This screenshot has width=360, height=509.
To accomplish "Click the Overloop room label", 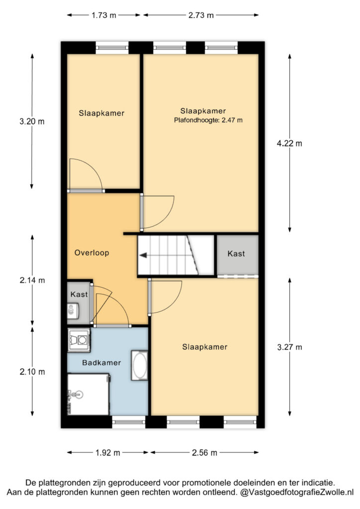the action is pyautogui.click(x=91, y=253).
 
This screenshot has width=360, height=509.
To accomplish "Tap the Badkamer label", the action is pyautogui.click(x=101, y=362).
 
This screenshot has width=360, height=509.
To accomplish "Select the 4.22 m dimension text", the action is pyautogui.click(x=289, y=143).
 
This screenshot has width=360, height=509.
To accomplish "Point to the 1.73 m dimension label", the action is pyautogui.click(x=103, y=15).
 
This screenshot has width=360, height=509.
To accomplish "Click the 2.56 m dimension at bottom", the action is pyautogui.click(x=204, y=452).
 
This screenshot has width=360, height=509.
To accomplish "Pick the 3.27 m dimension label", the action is pyautogui.click(x=289, y=347).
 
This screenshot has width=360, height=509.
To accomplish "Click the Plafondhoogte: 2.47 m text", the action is pyautogui.click(x=208, y=120).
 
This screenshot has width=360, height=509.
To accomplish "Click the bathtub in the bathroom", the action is pyautogui.click(x=140, y=365).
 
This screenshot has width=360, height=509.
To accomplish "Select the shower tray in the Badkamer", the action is pyautogui.click(x=88, y=394).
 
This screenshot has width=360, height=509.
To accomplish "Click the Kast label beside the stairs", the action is pyautogui.click(x=236, y=254).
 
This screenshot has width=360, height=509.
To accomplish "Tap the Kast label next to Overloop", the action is pyautogui.click(x=79, y=294).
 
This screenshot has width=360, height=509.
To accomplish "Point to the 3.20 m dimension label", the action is pyautogui.click(x=32, y=122).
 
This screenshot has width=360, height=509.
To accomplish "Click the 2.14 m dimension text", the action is pyautogui.click(x=32, y=280).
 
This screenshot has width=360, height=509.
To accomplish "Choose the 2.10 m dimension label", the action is pyautogui.click(x=32, y=372).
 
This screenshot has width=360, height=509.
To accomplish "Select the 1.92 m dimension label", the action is pyautogui.click(x=108, y=452).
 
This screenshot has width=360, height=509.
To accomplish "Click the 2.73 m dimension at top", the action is pyautogui.click(x=201, y=15).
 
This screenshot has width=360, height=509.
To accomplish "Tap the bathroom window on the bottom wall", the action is pyautogui.click(x=129, y=422).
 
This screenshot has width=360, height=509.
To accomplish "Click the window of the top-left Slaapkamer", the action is pyautogui.click(x=112, y=48).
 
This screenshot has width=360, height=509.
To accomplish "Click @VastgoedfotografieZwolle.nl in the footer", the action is pyautogui.click(x=297, y=492).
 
